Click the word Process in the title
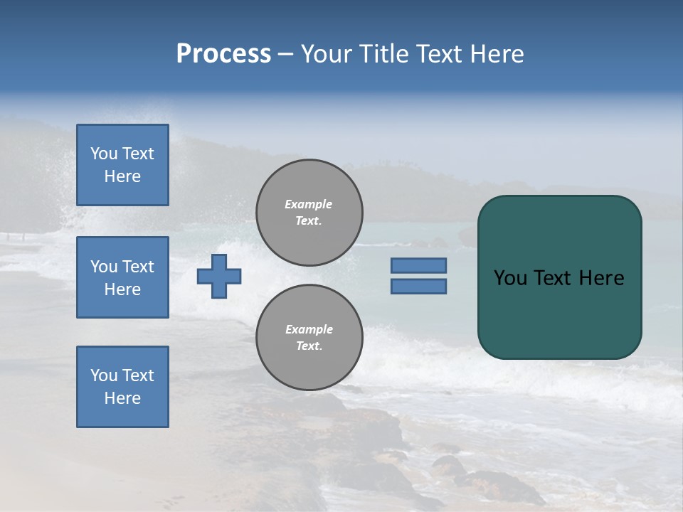[223, 54]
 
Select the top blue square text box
[122, 165]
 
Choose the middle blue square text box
[122, 277]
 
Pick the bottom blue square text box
[122, 387]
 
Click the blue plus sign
[219, 276]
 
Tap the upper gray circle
[309, 213]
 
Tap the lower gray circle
[309, 338]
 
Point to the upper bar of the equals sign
[418, 265]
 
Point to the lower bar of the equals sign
[418, 286]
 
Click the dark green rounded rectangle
[559, 313]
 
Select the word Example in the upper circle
[309, 204]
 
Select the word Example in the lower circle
[309, 329]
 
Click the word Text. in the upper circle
[309, 220]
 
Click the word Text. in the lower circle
[309, 346]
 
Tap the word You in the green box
[509, 278]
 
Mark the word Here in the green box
[601, 278]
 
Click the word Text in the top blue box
[138, 154]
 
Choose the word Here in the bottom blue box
[122, 398]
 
